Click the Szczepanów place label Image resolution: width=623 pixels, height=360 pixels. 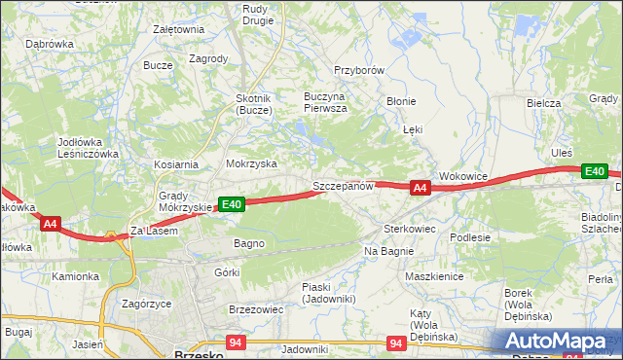point(343,186)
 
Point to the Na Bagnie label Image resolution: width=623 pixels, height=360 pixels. point(389,251)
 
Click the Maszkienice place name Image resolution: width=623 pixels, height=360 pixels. point(433,275)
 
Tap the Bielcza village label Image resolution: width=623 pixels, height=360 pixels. point(543,103)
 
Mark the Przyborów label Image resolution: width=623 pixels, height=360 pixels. point(360,71)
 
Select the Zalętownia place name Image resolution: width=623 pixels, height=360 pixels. point(178,29)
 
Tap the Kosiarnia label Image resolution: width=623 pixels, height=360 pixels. point(175,165)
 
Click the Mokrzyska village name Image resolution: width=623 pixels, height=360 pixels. point(251,164)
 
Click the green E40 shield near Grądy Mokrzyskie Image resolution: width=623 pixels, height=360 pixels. point(231,204)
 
